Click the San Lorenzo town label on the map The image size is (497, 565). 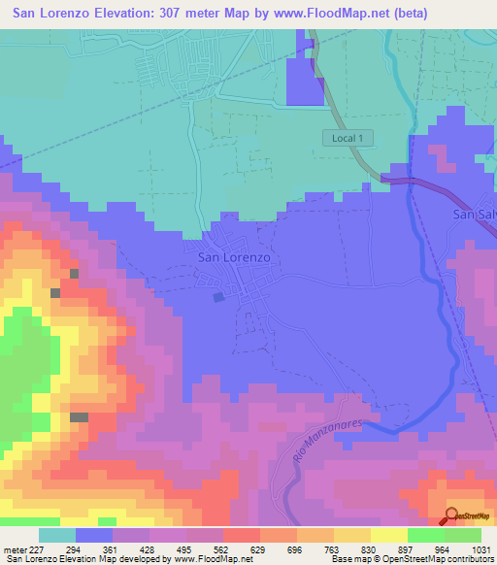234,258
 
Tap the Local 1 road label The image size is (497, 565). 347,139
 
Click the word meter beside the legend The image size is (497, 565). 15,548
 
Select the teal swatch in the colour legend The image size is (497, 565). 57,535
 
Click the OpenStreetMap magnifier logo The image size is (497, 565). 453,516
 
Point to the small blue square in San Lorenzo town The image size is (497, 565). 218,298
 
